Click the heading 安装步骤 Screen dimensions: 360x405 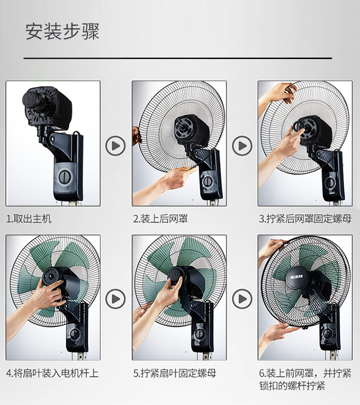[x=62, y=32]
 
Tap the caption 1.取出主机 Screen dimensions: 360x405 [x=29, y=219]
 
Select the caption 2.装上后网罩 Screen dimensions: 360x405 [x=160, y=219]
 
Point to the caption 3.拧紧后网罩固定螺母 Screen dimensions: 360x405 [x=305, y=219]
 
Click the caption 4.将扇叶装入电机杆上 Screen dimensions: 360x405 [x=52, y=373]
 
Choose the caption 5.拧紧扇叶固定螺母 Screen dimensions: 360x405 [x=174, y=373]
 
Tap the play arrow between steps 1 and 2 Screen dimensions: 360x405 [x=115, y=146]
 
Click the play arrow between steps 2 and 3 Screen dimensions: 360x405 [x=242, y=146]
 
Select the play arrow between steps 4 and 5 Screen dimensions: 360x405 [x=115, y=299]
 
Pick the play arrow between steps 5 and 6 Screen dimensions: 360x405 [x=242, y=299]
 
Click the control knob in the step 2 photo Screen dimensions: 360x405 [x=208, y=181]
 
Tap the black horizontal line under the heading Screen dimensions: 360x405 [x=178, y=59]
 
